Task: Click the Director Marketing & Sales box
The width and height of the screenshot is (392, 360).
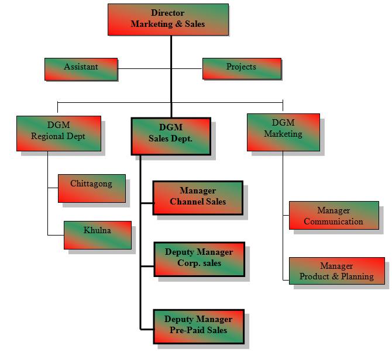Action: pos(168,19)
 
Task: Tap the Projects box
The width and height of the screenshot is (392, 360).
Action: pos(241,68)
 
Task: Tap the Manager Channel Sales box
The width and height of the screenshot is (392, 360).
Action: pos(198,198)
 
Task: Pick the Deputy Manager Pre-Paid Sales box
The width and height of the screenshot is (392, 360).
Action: pos(198,326)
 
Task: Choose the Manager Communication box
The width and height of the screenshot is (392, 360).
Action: pos(333,216)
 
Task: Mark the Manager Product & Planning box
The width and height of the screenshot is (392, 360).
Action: pos(336,272)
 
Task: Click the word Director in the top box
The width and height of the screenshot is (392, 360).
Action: pos(167,12)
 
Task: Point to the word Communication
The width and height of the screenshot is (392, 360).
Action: pos(333,222)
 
